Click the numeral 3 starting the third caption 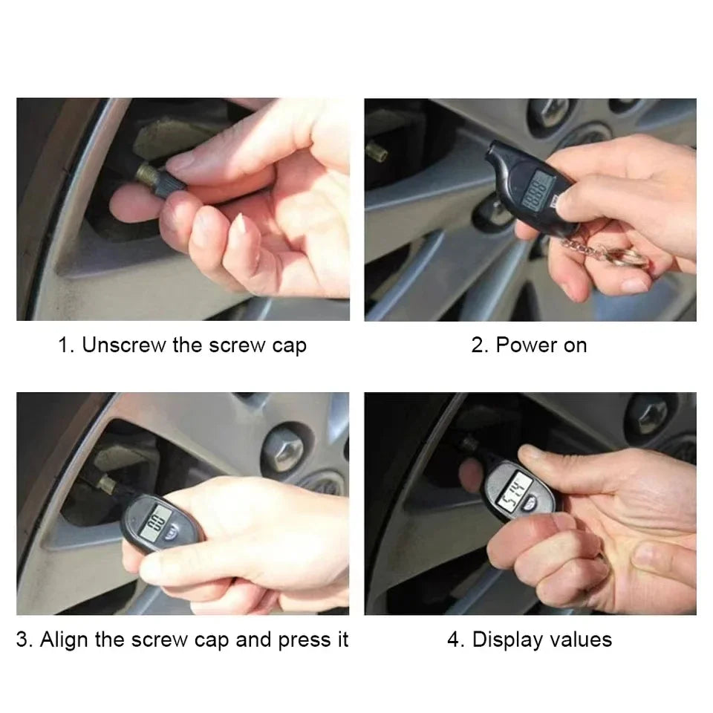(22, 639)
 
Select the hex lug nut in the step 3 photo (286, 446)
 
